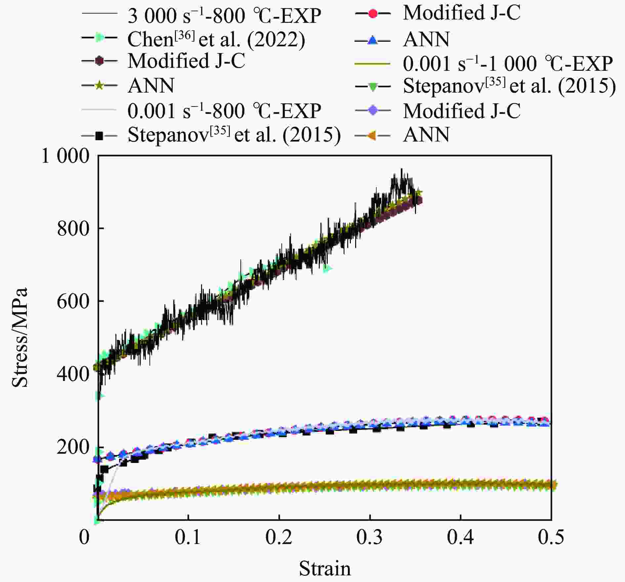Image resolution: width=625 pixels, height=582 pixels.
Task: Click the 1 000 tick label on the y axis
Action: pyautogui.click(x=65, y=156)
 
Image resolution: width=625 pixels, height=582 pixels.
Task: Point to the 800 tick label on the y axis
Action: pyautogui.click(x=73, y=229)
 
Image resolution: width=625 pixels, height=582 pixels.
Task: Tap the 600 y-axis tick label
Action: pyautogui.click(x=73, y=301)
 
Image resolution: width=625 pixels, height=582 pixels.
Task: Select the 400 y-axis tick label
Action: pyautogui.click(x=73, y=374)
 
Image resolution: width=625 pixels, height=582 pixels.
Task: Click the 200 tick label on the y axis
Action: pyautogui.click(x=73, y=447)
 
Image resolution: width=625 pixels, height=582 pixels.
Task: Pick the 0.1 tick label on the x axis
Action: pyautogui.click(x=188, y=537)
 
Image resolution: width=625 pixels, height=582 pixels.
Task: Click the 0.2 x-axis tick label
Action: pyautogui.click(x=279, y=537)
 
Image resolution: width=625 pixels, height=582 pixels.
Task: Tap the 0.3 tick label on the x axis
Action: pyautogui.click(x=370, y=537)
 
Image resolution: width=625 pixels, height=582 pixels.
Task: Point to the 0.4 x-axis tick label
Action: pyautogui.click(x=461, y=537)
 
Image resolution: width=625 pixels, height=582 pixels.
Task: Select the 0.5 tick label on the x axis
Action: pyautogui.click(x=551, y=537)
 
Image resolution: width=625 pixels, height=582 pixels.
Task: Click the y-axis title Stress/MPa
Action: pyautogui.click(x=20, y=337)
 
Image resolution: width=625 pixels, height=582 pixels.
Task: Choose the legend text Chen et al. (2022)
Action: pyautogui.click(x=216, y=39)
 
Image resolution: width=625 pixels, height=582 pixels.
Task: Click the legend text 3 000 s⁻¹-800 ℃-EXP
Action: pyautogui.click(x=224, y=16)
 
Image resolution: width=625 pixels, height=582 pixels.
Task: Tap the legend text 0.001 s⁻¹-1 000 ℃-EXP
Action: pyautogui.click(x=508, y=63)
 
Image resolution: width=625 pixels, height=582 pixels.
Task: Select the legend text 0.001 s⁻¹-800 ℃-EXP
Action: pyautogui.click(x=224, y=111)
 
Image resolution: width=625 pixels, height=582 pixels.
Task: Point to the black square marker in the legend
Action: pyautogui.click(x=99, y=135)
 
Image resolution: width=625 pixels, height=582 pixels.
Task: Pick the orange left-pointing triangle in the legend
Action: pyautogui.click(x=373, y=135)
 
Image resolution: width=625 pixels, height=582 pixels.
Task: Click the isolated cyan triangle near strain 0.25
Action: pyautogui.click(x=327, y=269)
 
